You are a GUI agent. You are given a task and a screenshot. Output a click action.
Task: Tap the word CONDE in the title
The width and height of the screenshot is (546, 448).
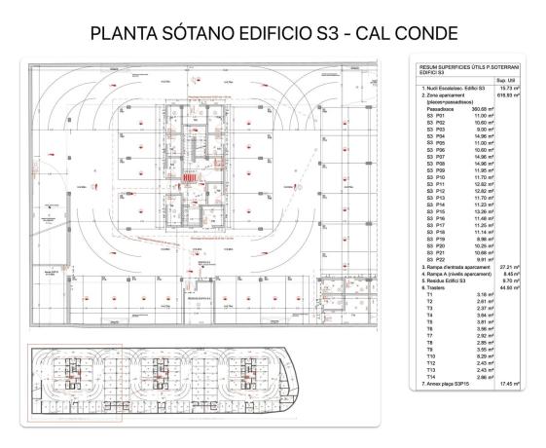(x=419, y=32)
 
